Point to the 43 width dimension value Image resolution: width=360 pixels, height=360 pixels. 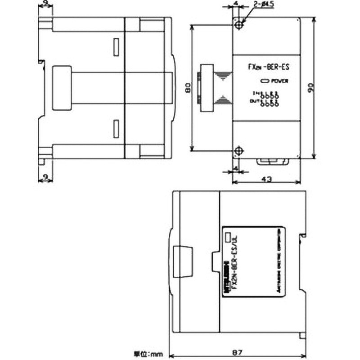click(x=266, y=179)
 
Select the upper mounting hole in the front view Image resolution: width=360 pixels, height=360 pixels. click(x=238, y=24)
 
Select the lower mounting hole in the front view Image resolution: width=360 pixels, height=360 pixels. click(x=238, y=150)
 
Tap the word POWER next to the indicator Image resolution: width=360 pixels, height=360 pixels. click(x=280, y=81)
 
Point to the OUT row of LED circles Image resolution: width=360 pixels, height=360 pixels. click(x=269, y=103)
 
